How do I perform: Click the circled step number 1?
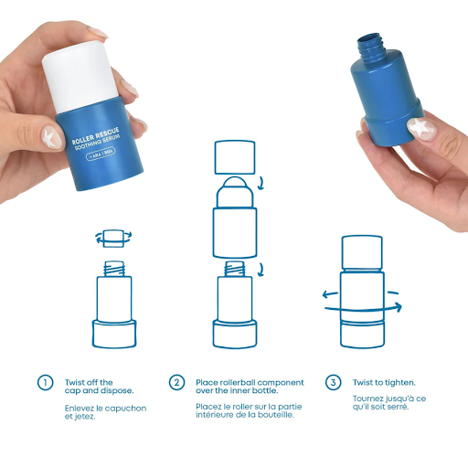click(x=45, y=382)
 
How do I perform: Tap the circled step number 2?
click(x=176, y=382)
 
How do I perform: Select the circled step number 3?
click(x=333, y=382)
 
